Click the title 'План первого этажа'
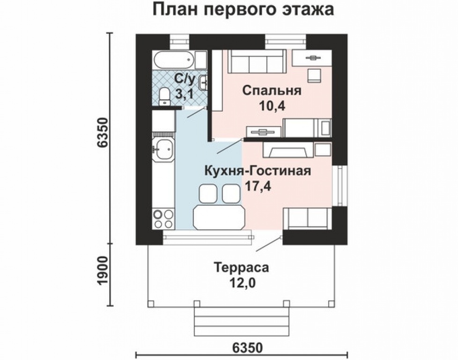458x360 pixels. (x=243, y=10)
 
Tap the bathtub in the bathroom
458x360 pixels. (x=174, y=60)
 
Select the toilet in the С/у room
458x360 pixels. (x=164, y=96)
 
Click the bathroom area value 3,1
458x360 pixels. (x=183, y=94)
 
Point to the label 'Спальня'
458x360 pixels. (x=272, y=91)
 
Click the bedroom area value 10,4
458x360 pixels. (x=272, y=106)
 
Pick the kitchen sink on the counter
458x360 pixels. (x=163, y=150)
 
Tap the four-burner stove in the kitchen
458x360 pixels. (x=163, y=219)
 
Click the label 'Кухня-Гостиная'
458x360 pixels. (x=258, y=171)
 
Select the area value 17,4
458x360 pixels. (x=258, y=186)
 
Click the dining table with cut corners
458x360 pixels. (x=219, y=217)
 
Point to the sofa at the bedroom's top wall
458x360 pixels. (x=258, y=61)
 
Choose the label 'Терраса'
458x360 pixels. (x=241, y=268)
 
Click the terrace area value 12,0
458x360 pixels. (x=242, y=283)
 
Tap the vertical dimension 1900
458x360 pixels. (x=103, y=271)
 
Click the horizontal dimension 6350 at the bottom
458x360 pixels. (x=248, y=348)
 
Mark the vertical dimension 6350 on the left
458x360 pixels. (x=103, y=133)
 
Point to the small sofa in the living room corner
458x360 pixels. (x=308, y=218)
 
